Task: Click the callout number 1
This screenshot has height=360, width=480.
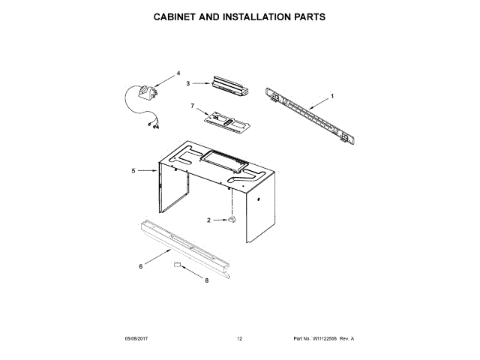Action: coord(332,96)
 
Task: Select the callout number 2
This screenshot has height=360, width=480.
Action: coord(211,220)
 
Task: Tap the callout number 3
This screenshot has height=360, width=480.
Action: coord(189,84)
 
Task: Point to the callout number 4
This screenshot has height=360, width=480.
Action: coord(178,73)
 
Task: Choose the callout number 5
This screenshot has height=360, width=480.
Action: coord(133,171)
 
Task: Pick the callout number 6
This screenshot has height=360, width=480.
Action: coord(141,265)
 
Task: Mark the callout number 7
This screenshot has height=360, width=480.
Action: coord(192,106)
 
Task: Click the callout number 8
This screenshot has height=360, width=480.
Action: coord(206,281)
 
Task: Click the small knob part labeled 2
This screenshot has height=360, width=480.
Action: coord(232,219)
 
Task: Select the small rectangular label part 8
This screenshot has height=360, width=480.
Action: coord(178,265)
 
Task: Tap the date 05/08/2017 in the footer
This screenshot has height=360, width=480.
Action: coord(139,340)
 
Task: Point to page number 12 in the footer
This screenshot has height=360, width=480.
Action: coord(240,340)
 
